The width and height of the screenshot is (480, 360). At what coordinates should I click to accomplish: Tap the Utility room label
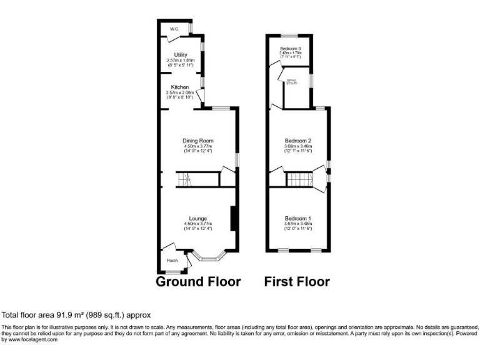181,55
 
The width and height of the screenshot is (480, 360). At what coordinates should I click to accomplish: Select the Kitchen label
181,87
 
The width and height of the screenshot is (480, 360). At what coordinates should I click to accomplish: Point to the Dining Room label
197,141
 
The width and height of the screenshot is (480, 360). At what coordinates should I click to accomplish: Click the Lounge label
198,218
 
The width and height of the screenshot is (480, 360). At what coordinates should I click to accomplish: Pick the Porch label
172,261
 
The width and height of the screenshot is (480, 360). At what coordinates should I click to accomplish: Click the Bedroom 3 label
291,49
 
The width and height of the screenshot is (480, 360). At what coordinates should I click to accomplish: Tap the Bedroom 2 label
297,141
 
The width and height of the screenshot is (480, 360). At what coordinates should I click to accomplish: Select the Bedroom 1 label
297,218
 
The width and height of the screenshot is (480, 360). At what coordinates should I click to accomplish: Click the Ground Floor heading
198,282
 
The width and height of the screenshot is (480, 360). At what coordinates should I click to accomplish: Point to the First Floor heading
297,282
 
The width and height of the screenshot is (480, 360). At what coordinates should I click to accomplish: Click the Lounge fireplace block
232,218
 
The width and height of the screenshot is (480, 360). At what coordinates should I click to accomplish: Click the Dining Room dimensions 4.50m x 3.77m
197,146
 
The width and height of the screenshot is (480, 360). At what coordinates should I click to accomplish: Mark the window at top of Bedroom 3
289,36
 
